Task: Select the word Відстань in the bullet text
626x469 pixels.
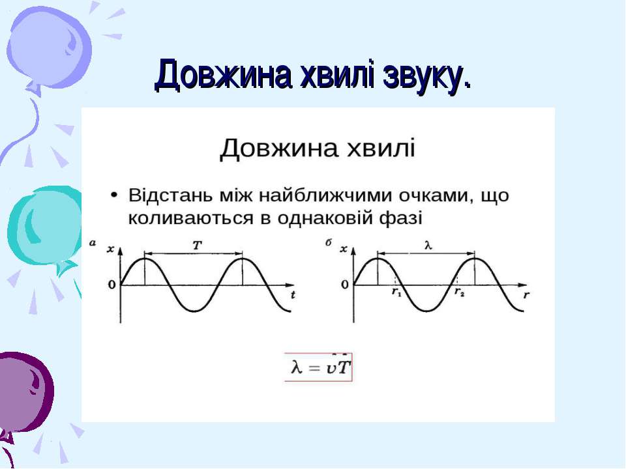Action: tap(170, 195)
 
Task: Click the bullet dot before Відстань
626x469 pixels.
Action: tap(114, 195)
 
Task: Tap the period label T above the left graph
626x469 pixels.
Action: tap(197, 246)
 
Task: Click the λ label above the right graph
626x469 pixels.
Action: tap(428, 246)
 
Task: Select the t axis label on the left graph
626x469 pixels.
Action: tap(293, 295)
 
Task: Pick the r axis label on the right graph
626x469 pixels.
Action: tap(527, 295)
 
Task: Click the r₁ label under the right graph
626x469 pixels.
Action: tap(396, 292)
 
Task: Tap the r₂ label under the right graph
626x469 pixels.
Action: tap(460, 292)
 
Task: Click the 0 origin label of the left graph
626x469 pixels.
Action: tap(112, 285)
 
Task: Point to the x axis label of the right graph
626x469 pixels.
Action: tap(344, 249)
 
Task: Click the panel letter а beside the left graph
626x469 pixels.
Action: tap(93, 242)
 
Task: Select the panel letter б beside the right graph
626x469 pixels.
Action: tap(329, 242)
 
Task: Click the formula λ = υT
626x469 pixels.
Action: tap(319, 367)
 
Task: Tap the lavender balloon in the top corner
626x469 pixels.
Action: tap(49, 48)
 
